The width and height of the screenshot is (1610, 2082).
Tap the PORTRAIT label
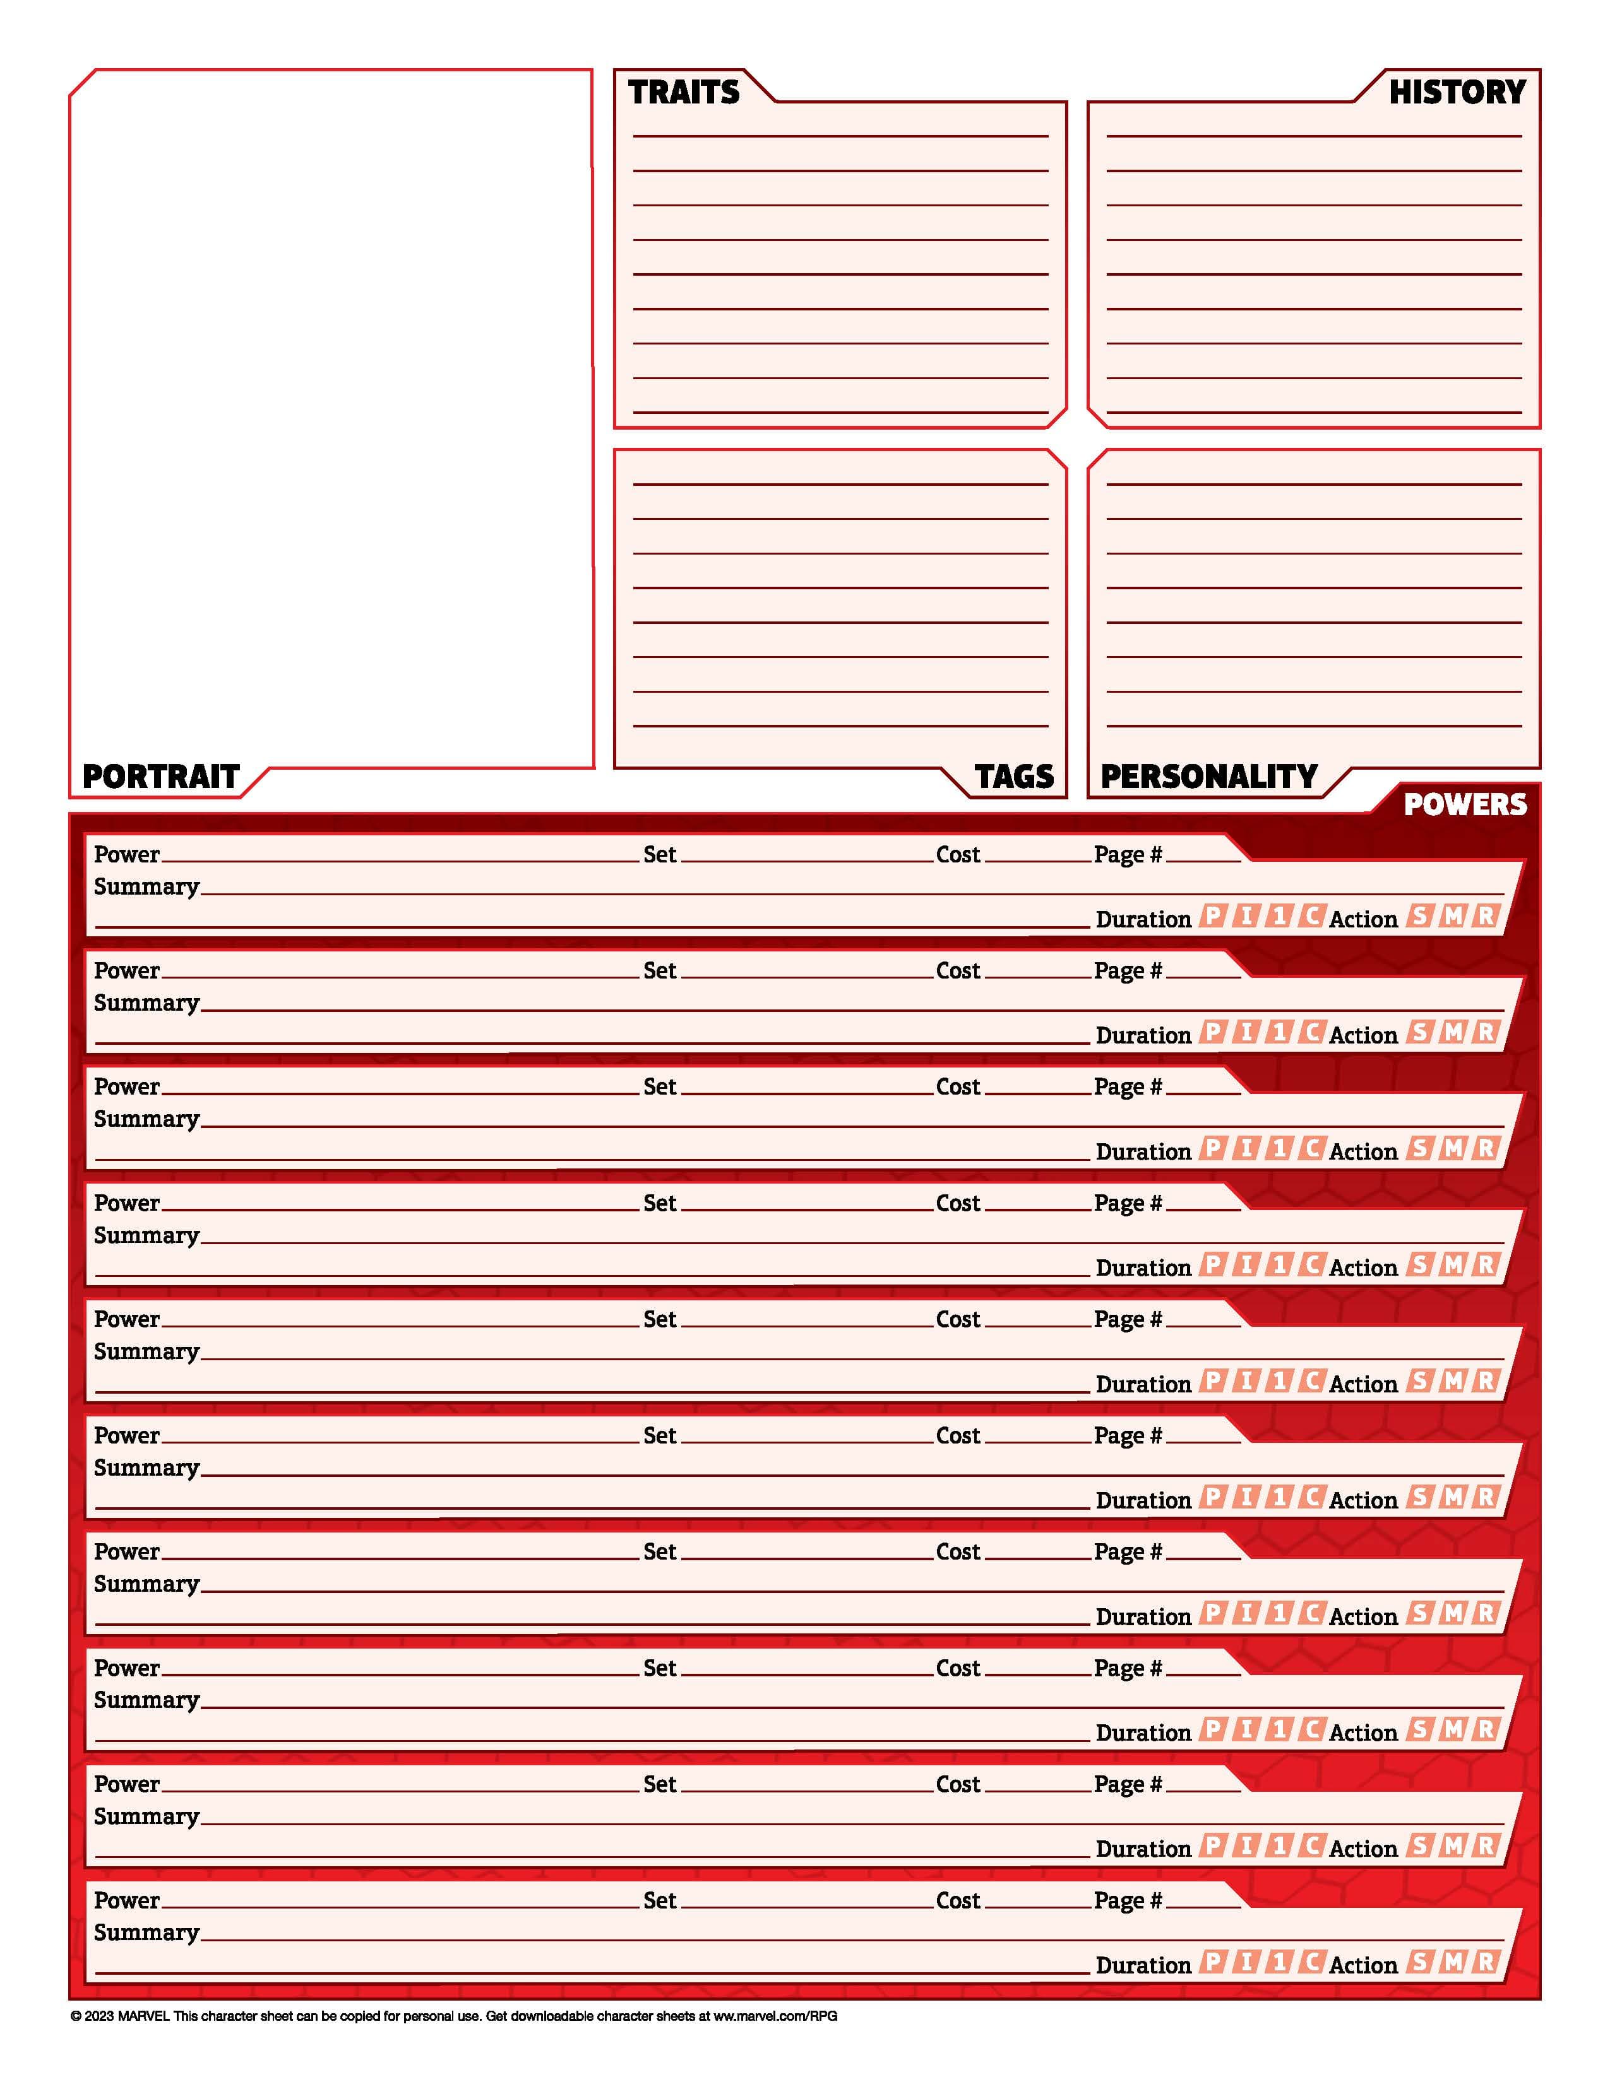[x=160, y=776]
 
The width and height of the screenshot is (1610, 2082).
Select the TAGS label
[x=1014, y=776]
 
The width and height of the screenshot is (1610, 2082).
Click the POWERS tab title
[x=1465, y=804]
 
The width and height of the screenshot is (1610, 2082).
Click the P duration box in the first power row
[x=1212, y=916]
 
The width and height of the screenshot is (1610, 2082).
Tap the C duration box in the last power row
[x=1311, y=1961]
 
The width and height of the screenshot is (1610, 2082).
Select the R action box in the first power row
[x=1485, y=916]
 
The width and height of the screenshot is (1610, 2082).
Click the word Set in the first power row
[x=659, y=854]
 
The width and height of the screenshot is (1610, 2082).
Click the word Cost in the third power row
[x=958, y=1087]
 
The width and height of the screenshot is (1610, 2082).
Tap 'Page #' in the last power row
[x=1128, y=1900]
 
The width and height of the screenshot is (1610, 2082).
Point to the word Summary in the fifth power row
[x=146, y=1352]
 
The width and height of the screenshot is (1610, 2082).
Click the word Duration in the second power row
[x=1143, y=1035]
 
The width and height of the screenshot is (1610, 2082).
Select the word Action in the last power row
[x=1362, y=1965]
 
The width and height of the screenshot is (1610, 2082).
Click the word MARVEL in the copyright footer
[x=143, y=2015]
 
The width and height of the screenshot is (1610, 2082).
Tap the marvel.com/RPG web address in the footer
[x=775, y=2015]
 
